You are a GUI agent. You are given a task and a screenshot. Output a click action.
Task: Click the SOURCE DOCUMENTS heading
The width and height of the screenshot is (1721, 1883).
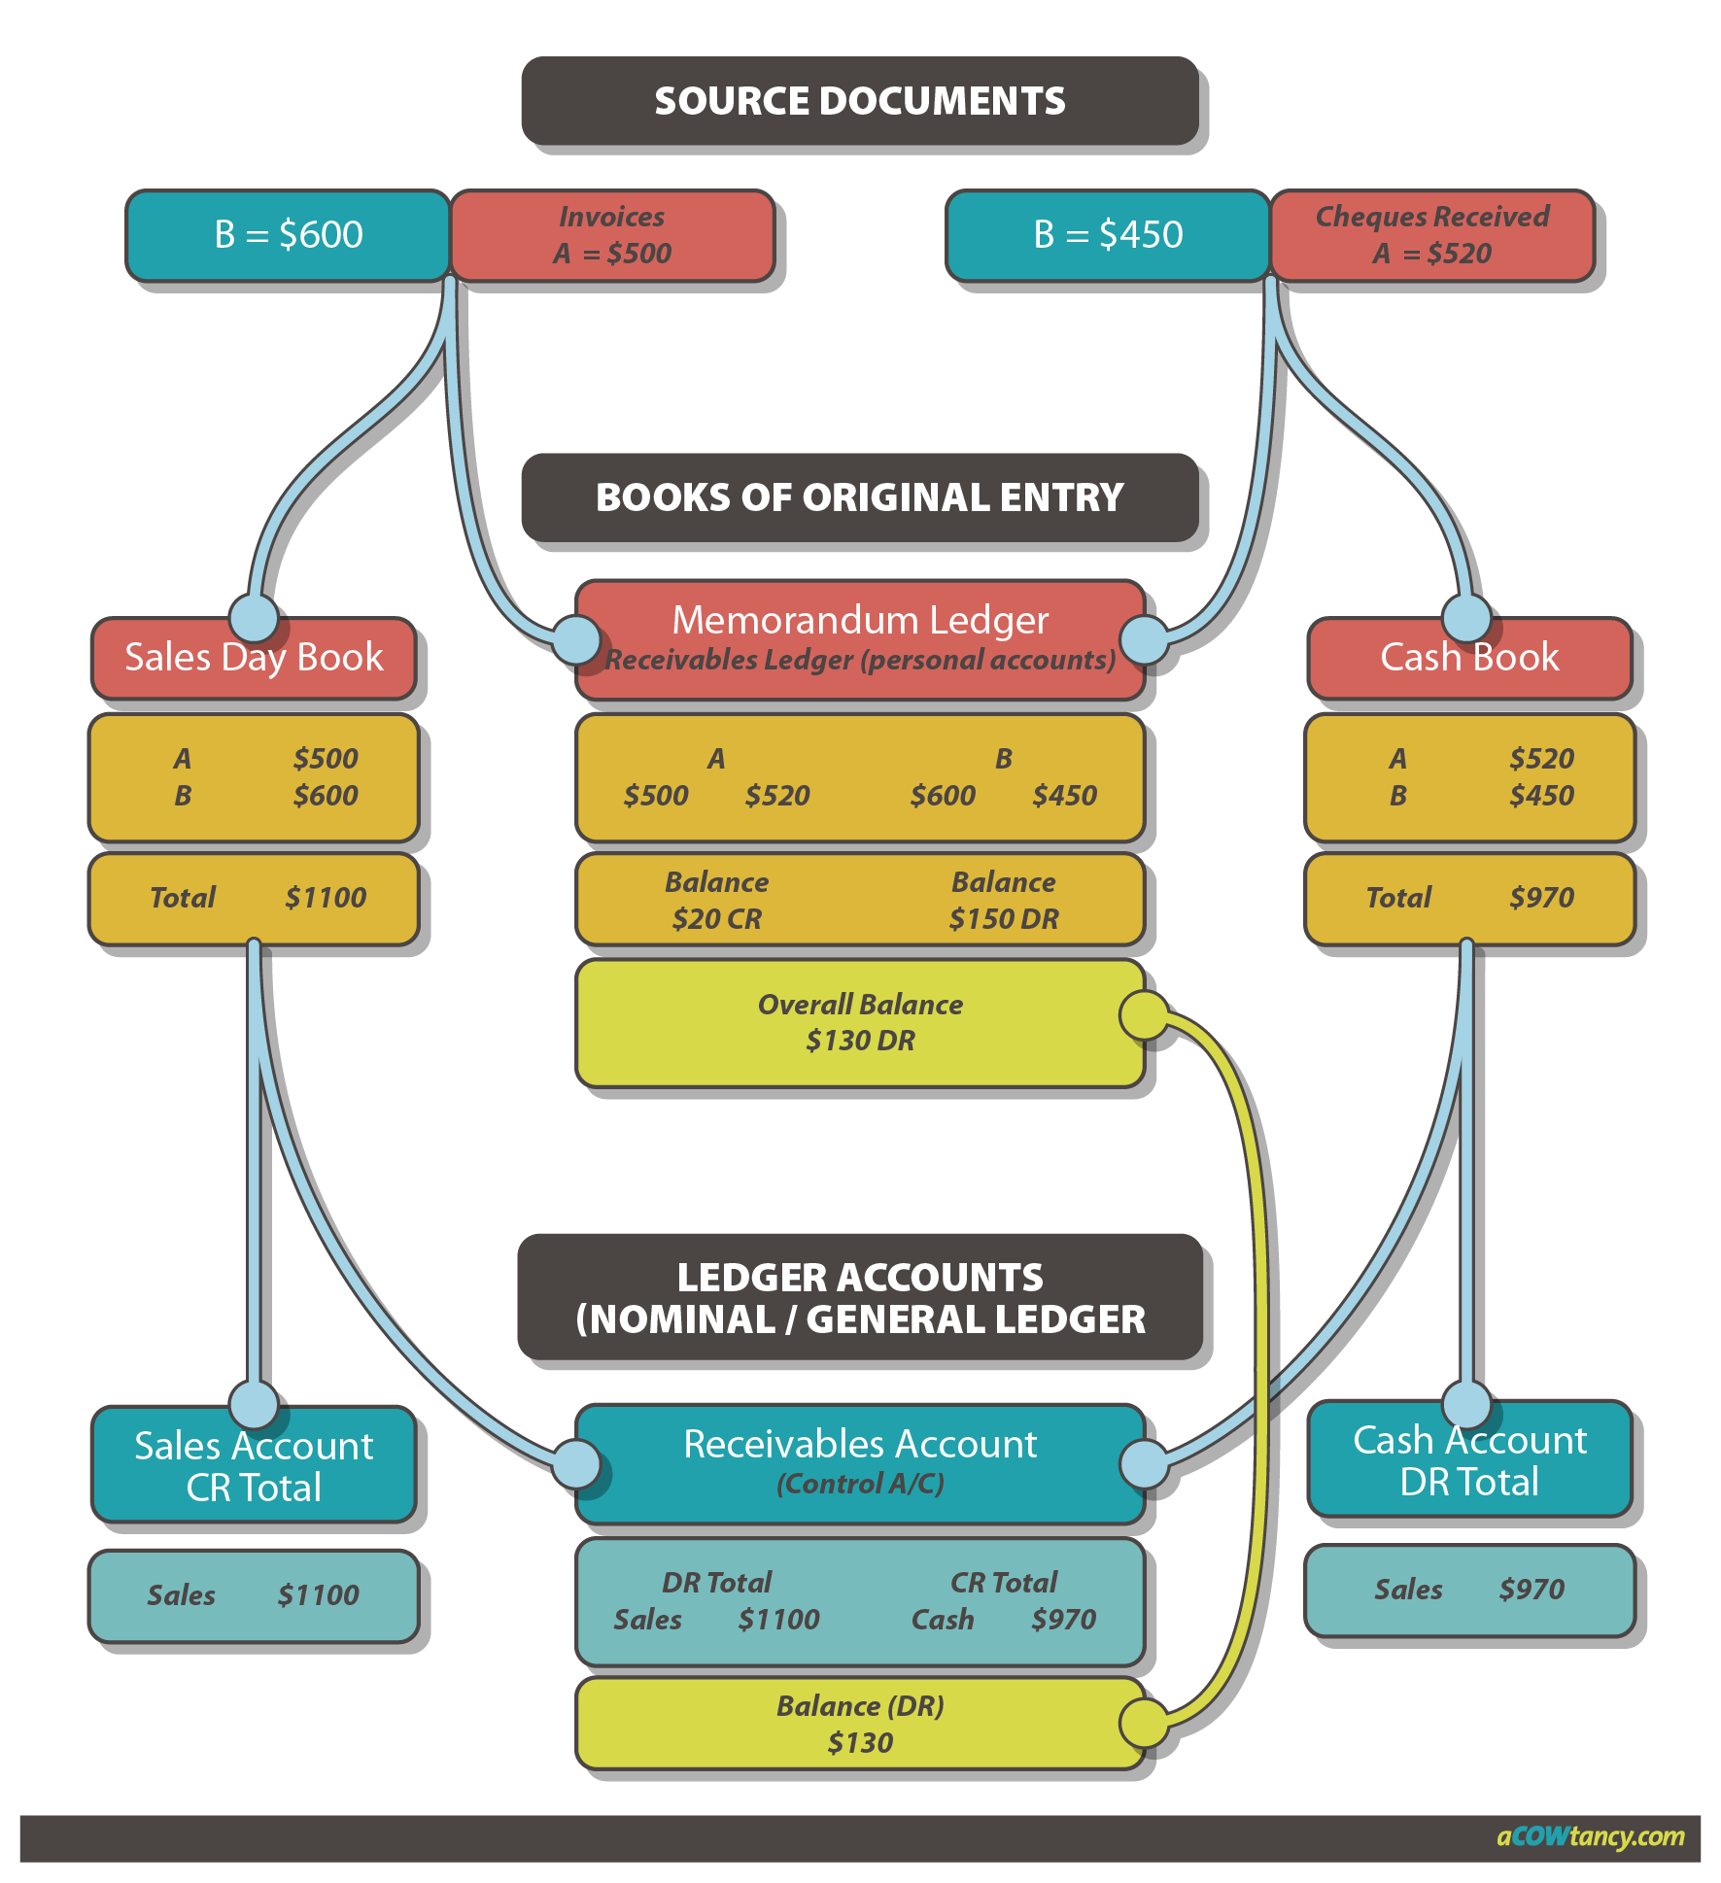coord(860,101)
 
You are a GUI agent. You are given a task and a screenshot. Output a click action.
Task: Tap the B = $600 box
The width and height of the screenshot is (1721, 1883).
coord(288,235)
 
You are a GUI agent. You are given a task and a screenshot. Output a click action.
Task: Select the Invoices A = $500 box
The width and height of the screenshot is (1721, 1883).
coord(612,235)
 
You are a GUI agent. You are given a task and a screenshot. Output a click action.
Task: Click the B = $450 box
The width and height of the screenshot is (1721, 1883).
coord(1108,235)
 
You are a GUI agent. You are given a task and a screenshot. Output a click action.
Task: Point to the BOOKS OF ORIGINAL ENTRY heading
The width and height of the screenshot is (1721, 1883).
coord(860,497)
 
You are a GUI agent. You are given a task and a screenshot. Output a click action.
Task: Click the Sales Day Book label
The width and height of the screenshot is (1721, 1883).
coord(254,658)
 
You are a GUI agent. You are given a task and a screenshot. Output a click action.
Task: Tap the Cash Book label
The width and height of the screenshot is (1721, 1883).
coord(1469,658)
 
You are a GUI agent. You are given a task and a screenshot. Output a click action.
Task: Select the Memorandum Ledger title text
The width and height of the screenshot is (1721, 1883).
coord(860,620)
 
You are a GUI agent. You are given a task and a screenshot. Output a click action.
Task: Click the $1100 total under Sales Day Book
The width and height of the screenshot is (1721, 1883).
coord(326,898)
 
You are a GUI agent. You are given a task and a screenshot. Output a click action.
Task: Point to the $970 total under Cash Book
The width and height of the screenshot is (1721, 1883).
coord(1541,898)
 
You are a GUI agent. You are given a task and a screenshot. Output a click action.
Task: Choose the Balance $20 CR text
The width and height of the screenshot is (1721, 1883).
coord(717,900)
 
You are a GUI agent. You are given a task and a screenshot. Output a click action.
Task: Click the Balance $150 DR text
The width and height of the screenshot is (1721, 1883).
coord(1004,900)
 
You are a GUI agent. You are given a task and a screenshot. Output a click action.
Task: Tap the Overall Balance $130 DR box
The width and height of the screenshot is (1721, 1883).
coord(860,1022)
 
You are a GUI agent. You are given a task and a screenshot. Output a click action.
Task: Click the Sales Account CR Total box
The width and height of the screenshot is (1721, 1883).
coord(254,1466)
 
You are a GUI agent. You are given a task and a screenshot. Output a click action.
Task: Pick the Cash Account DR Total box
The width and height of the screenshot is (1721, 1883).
coord(1469,1460)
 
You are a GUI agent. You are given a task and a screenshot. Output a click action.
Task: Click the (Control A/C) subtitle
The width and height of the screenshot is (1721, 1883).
coord(860,1484)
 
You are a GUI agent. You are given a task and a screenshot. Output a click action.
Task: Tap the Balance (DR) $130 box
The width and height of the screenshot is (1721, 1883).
coord(860,1725)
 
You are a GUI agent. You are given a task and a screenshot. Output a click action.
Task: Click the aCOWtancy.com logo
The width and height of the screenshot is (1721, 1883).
coord(1590,1836)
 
